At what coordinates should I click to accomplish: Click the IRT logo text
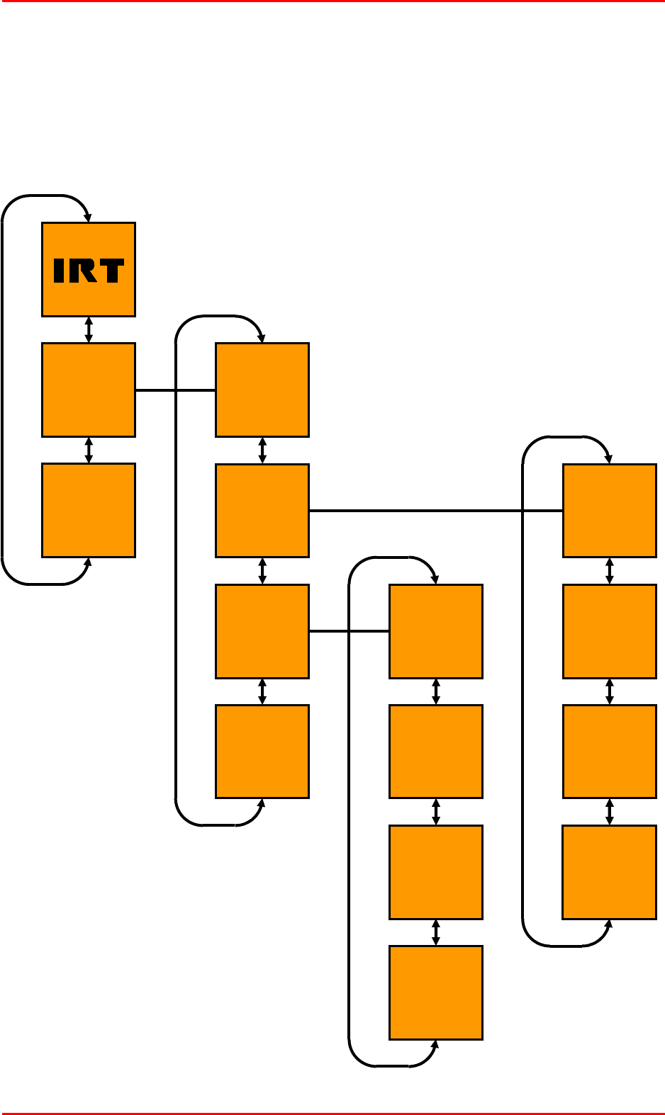pos(89,271)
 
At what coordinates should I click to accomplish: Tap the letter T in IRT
pos(110,271)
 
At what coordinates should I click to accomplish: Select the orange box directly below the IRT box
pos(89,390)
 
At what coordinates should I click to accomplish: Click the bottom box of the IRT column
pos(89,510)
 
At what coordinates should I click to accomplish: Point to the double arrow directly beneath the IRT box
pos(89,329)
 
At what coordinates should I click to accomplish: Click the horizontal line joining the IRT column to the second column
pos(175,390)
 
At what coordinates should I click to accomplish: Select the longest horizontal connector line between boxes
pos(435,510)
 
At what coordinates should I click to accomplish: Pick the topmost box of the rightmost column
pos(609,510)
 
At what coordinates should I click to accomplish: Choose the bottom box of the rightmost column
pos(609,871)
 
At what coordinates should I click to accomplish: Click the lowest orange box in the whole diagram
pos(436,992)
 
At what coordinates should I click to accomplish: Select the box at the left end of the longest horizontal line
pos(262,510)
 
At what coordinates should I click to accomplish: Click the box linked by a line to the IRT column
pos(262,390)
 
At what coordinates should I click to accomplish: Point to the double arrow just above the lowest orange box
pos(436,932)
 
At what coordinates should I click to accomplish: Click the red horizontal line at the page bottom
pos(332,1113)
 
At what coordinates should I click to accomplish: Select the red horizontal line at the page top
pos(332,1)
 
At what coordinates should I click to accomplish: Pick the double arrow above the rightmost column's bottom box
pos(609,812)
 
